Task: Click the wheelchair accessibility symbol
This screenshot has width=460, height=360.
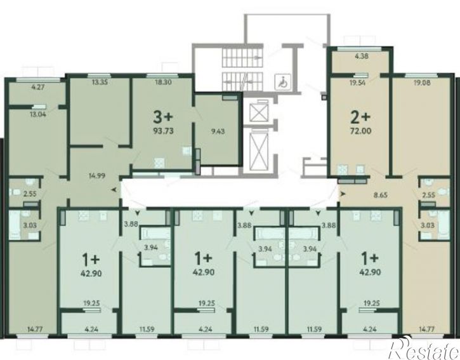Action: point(282,82)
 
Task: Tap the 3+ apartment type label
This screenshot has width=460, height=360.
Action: point(163,117)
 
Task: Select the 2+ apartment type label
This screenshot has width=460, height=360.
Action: point(360,117)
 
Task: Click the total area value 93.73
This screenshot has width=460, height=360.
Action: point(164,131)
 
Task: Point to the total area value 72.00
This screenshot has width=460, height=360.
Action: point(360,131)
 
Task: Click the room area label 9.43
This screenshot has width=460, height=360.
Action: point(218,131)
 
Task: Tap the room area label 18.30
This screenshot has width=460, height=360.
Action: point(164,83)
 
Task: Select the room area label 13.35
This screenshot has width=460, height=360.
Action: point(100,82)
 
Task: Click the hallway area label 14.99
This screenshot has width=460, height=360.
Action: point(96,176)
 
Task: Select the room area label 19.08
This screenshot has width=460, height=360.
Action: point(422,83)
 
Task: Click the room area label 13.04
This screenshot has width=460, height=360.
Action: point(38,114)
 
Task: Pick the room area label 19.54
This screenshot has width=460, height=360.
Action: point(357,83)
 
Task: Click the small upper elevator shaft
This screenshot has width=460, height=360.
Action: point(259,112)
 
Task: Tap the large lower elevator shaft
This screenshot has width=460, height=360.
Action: point(258,151)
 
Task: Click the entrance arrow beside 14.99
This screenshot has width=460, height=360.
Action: point(114,190)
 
